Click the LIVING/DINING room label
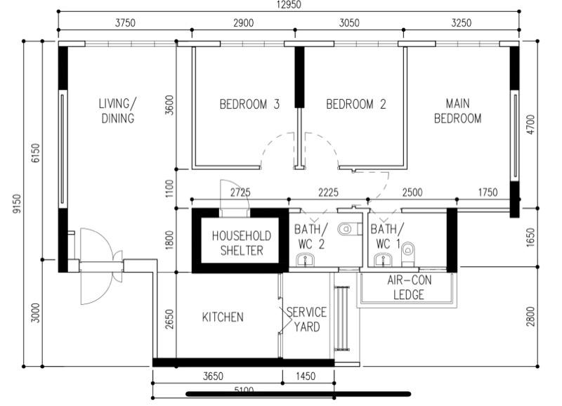(x=117, y=112)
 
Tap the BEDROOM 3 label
(x=249, y=105)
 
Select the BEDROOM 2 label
(x=356, y=105)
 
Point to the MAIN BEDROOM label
(x=457, y=112)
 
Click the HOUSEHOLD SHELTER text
(x=241, y=243)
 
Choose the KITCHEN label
(x=223, y=317)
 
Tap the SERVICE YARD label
(x=306, y=320)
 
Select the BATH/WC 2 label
(x=311, y=236)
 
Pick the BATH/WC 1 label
(x=385, y=236)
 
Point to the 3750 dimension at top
(x=124, y=23)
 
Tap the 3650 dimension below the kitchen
(x=214, y=376)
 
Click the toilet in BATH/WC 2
(x=346, y=230)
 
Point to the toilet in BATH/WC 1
(x=409, y=250)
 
